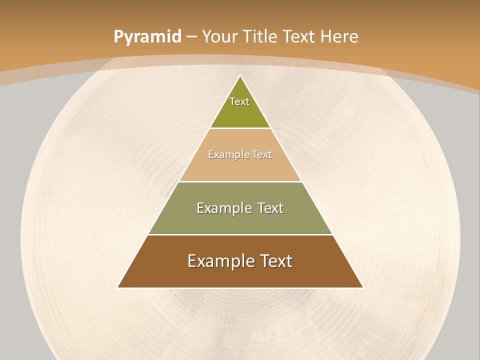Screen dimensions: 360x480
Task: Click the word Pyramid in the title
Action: tap(147, 37)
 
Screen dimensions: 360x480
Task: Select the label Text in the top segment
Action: tap(239, 101)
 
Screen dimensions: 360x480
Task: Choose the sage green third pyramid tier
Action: tap(240, 222)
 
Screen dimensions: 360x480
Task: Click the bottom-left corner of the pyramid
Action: tap(118, 287)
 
